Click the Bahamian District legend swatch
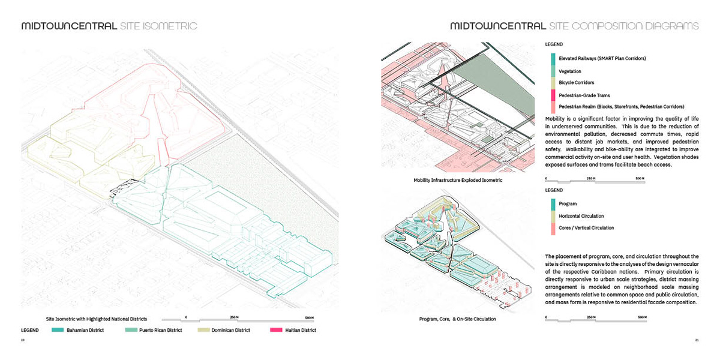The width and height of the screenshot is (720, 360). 58,330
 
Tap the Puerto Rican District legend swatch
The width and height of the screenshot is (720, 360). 131,330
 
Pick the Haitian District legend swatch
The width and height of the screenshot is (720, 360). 277,330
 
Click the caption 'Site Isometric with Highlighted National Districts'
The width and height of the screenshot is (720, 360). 96,318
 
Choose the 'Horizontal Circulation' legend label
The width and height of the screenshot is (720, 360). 581,216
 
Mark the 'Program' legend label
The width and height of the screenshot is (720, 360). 568,204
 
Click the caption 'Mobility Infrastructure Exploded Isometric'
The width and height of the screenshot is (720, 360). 458,180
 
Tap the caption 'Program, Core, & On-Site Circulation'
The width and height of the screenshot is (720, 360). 458,319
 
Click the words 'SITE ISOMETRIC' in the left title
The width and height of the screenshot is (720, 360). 158,26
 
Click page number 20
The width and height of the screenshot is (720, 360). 23,341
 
